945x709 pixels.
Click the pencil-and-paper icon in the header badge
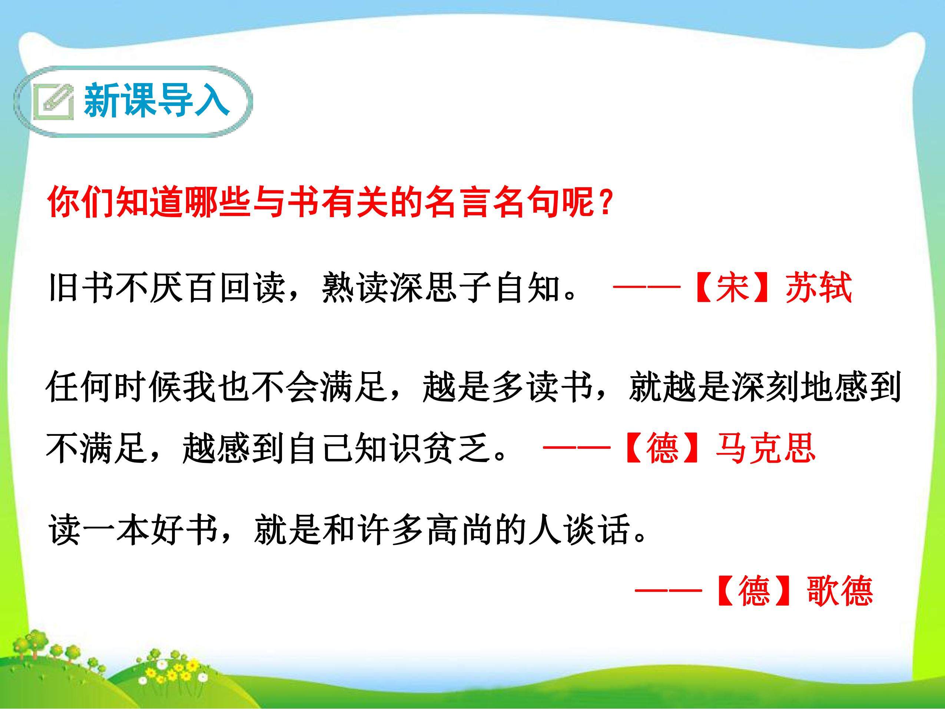(53, 101)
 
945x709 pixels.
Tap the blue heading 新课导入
(157, 101)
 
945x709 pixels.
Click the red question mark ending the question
(605, 201)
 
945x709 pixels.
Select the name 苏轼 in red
(819, 287)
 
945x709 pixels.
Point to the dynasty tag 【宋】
(733, 287)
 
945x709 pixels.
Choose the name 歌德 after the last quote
(839, 591)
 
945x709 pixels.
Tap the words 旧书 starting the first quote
(81, 287)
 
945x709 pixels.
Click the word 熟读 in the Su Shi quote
(355, 287)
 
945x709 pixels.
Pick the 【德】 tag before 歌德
(755, 591)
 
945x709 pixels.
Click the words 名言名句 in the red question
(493, 201)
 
